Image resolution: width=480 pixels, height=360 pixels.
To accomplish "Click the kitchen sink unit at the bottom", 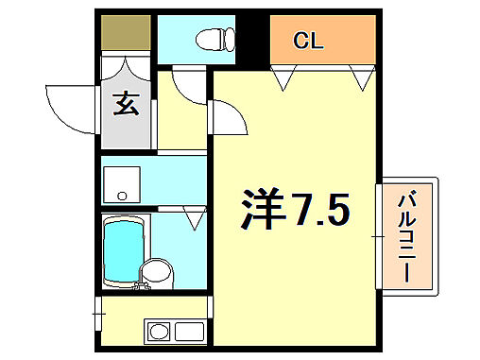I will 175,332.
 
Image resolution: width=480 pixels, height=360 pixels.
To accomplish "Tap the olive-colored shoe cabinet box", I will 126,35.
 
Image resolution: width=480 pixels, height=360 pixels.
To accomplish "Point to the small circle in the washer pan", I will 121,196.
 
